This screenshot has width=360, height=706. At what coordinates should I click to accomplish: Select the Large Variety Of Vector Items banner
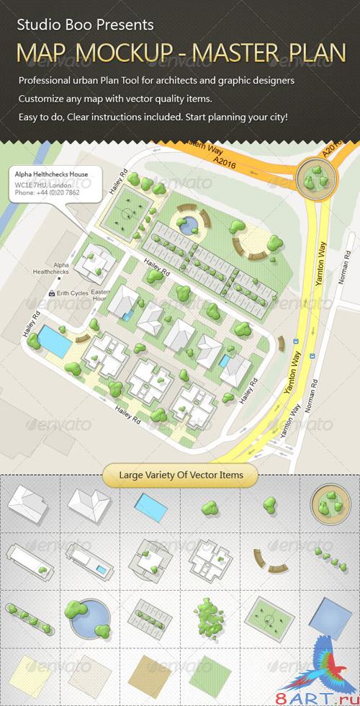coord(179,475)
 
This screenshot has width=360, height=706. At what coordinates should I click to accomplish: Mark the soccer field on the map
coord(128,215)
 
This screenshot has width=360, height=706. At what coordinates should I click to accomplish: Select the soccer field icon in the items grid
coord(269,618)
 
